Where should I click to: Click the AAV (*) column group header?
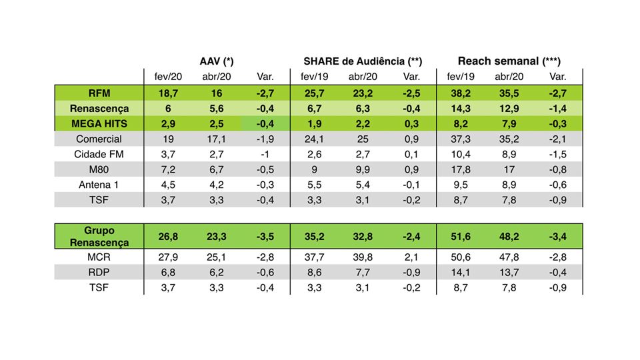point(216,61)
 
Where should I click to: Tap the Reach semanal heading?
point(509,61)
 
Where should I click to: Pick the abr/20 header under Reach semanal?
point(508,77)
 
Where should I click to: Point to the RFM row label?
point(99,93)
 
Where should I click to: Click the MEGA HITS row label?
point(99,123)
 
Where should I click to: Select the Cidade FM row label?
point(99,154)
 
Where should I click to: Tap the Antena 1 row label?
point(99,185)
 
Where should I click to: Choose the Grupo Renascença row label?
point(99,236)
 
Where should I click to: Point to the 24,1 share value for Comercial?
point(312,139)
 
